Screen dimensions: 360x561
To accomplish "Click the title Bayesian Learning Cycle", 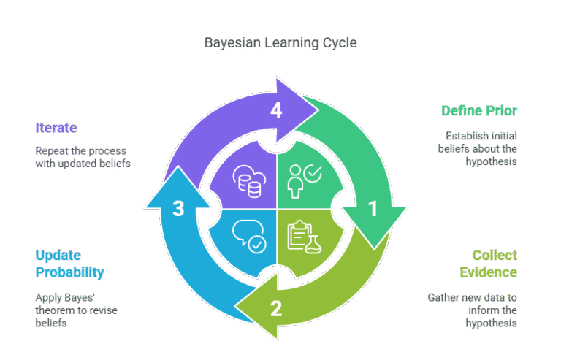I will pos(280,43).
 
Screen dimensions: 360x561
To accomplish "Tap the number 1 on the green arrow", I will pos(373,210).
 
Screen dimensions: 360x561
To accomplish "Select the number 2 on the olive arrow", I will pos(275,308).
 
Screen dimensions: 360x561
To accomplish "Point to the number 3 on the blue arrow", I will pos(178,210).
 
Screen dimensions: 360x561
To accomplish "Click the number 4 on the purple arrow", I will pos(275,111).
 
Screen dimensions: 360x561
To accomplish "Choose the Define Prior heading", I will pos(479,111).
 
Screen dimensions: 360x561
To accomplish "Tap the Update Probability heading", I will pos(69,264).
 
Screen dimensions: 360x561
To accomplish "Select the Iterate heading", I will pos(56,128).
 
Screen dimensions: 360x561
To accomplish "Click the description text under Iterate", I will pos(83,157).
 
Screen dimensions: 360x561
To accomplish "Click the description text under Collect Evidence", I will pos(473,310).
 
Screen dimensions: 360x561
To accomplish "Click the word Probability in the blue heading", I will pos(69,272).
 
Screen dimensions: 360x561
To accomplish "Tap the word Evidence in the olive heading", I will pos(489,272).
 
